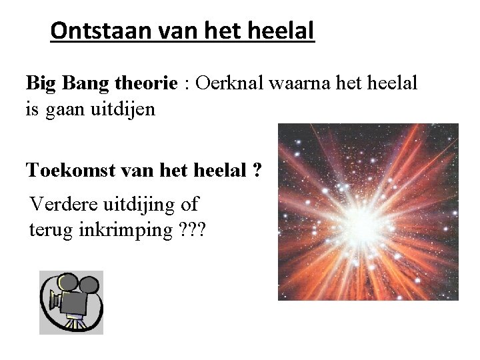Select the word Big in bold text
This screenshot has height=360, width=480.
click(x=41, y=84)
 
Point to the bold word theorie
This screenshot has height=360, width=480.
click(x=146, y=84)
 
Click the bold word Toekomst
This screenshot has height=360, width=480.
click(x=69, y=171)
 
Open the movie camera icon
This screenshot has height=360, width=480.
click(x=71, y=302)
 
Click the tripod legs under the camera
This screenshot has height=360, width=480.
click(x=74, y=324)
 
